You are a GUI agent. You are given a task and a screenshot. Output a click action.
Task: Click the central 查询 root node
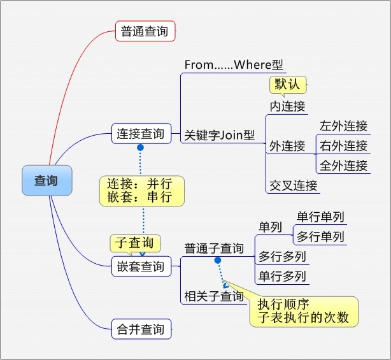pos(46,180)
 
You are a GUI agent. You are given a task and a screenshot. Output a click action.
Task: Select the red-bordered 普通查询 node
pos(145,31)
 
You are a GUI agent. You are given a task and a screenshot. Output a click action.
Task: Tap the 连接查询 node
pos(141,134)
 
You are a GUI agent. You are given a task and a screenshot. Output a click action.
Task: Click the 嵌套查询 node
pos(141,266)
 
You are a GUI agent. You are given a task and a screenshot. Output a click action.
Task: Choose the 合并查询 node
pos(141,329)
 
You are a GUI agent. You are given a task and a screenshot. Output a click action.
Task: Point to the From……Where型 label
pos(234,65)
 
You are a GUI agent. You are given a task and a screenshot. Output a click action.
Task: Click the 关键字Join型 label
pos(220,135)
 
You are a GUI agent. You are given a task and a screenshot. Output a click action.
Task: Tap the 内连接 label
pos(287,106)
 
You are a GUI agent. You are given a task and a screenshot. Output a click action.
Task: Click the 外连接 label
pos(287,146)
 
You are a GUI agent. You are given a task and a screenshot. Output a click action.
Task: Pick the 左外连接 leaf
pos(344,126)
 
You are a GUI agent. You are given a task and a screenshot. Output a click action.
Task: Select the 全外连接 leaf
pos(344,166)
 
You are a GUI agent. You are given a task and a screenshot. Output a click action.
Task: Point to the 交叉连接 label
pos(293,185)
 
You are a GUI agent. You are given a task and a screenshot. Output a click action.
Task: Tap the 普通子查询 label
pos(214,248)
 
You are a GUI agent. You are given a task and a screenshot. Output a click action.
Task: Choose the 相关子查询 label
pos(214,296)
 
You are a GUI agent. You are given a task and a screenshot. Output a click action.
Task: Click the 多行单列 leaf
pos(320,237)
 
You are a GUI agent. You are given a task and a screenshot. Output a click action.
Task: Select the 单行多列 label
pos(281,277)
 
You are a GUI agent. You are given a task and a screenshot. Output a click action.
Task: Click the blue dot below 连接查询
pos(141,148)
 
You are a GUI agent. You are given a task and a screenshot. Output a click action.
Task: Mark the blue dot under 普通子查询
pos(217,260)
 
